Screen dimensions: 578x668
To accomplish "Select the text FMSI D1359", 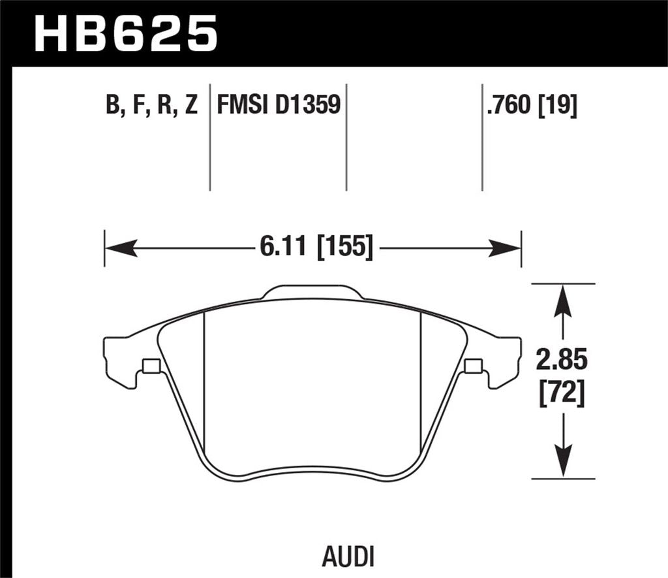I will tap(279, 104).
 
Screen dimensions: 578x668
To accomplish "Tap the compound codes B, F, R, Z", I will tap(151, 104).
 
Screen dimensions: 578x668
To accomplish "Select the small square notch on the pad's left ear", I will tap(151, 366).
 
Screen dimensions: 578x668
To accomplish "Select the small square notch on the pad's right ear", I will tap(473, 366).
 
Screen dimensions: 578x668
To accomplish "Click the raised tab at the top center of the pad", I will tap(312, 293).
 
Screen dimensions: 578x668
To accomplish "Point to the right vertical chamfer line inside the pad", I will tap(421, 379).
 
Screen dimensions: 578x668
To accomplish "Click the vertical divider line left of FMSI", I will tap(209, 137).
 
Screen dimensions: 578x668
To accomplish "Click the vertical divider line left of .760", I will tap(481, 137).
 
